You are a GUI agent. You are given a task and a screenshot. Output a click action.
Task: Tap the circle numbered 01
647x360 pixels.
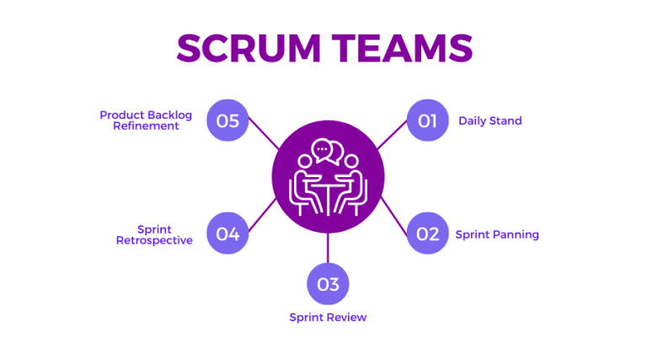point(427,121)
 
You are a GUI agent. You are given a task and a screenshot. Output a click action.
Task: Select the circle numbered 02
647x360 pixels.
point(427,234)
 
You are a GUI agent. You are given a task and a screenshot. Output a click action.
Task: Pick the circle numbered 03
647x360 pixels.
point(328,284)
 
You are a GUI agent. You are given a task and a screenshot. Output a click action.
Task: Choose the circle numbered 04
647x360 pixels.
point(227,234)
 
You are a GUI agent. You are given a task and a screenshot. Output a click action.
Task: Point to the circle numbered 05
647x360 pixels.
point(227,121)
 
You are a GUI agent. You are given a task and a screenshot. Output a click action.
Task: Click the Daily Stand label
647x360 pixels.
point(490,121)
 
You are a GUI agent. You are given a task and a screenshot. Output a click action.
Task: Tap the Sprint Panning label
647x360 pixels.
point(497,234)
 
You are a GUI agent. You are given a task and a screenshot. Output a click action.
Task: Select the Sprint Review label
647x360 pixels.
point(328,317)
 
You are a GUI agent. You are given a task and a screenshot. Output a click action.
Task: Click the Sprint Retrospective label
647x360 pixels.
point(154,234)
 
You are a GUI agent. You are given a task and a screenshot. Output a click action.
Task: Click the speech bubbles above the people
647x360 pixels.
point(328,152)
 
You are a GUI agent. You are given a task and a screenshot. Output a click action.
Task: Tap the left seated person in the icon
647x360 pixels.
point(305,181)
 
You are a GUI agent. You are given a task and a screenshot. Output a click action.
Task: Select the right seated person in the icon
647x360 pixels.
point(351,181)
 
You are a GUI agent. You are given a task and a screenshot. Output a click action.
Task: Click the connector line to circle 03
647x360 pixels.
point(328,247)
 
